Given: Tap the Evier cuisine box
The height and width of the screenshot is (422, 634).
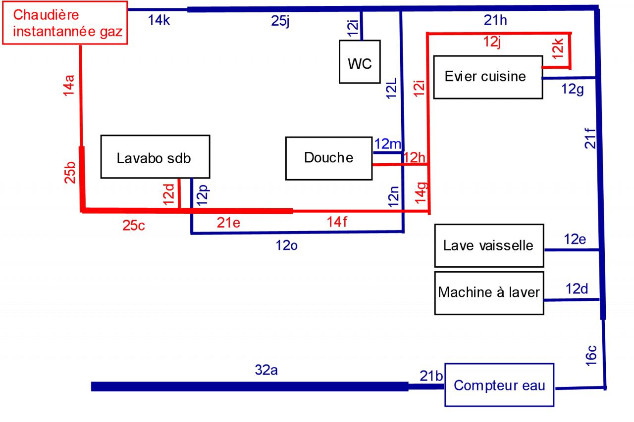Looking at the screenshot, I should [x=485, y=77].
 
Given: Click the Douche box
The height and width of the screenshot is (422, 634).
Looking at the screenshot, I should [x=329, y=158].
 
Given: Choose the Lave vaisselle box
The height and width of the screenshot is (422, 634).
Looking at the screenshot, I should [x=489, y=245].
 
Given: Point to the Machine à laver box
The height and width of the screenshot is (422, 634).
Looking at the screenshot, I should [x=489, y=292].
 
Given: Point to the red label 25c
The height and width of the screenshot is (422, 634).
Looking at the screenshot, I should [x=134, y=226].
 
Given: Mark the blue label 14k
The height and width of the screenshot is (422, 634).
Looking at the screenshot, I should [x=159, y=21].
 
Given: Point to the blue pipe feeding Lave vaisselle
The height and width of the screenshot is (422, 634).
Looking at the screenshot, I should [x=573, y=250].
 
